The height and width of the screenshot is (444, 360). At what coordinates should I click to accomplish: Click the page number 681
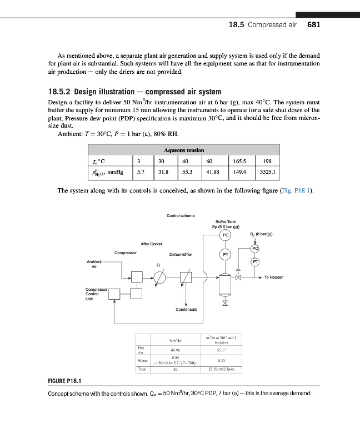point(314,25)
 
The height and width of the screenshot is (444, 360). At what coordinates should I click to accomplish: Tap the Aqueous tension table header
point(184,150)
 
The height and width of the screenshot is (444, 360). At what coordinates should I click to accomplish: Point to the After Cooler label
point(151,244)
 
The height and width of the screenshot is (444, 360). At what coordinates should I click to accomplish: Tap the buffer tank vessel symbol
point(225,284)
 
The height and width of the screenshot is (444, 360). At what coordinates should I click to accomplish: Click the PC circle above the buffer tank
point(225,235)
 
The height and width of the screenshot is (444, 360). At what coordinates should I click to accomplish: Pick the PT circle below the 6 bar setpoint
point(256,261)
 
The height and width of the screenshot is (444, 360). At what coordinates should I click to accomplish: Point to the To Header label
point(274,277)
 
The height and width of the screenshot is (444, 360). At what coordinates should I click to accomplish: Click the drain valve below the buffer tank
point(225,303)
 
